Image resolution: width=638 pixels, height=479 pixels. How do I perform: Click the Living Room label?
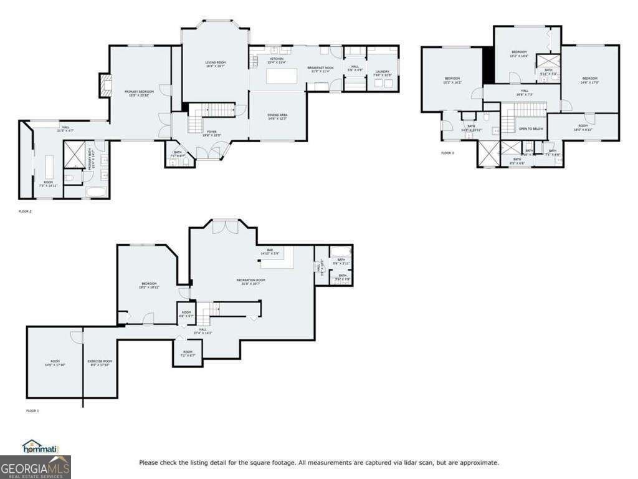(x=216, y=64)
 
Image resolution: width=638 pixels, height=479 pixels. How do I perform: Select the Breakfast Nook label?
(x=320, y=69)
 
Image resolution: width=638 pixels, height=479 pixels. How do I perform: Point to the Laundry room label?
(x=382, y=74)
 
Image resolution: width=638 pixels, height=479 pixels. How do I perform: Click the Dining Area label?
(x=277, y=117)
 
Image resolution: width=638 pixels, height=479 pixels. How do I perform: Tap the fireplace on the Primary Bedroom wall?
(x=105, y=85)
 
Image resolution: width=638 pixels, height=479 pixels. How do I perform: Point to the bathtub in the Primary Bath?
(x=97, y=191)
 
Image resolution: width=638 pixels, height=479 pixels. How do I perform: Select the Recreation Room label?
(x=250, y=281)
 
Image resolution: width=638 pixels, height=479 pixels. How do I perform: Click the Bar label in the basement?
(x=270, y=251)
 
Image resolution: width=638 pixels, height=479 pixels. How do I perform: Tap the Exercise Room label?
(x=100, y=362)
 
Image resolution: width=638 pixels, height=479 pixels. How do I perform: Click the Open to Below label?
(x=531, y=129)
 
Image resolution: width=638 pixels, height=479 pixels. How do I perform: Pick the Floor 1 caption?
(x=32, y=411)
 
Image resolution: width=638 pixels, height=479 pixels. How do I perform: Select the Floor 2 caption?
(x=25, y=212)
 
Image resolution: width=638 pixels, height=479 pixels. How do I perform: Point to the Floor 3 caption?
(x=447, y=153)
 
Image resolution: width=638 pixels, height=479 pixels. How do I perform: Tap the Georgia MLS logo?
(x=36, y=467)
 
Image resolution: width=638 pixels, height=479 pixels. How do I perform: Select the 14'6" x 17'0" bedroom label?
(x=589, y=80)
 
